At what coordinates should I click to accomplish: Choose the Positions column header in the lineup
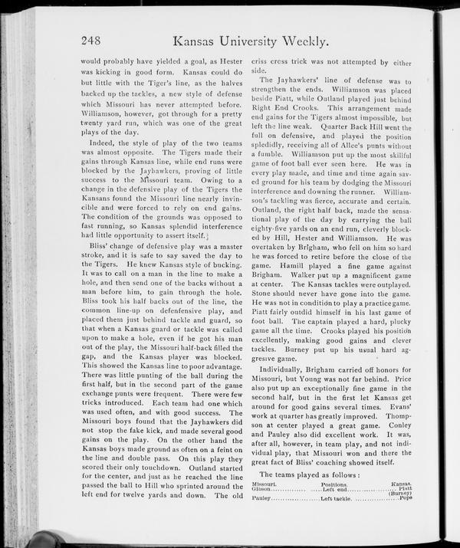pyautogui.click(x=333, y=485)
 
